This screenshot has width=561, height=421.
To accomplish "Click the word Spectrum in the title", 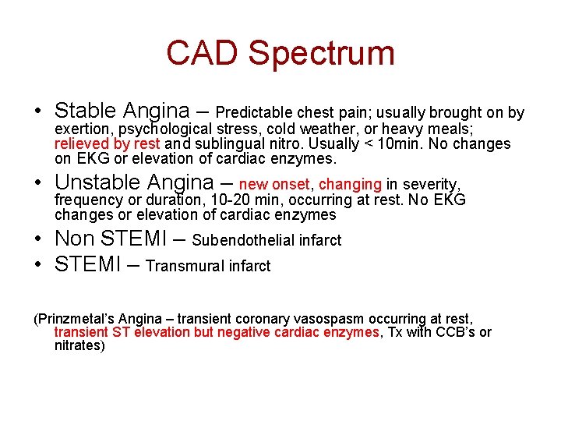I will click(x=322, y=54).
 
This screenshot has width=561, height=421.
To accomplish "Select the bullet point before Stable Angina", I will click(x=38, y=111).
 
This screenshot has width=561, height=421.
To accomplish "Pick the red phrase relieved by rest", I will click(x=108, y=143).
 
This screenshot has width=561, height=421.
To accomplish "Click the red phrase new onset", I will click(x=274, y=185).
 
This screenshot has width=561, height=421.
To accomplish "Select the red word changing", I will click(x=350, y=185).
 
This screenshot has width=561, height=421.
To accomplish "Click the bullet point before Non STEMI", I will click(x=38, y=239).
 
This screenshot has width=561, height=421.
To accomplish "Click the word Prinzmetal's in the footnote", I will click(x=76, y=319).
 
